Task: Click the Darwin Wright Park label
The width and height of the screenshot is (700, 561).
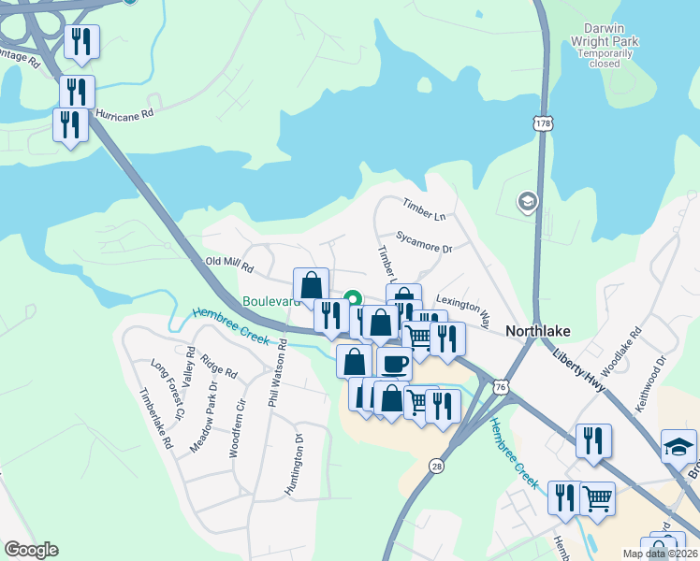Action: [605, 41]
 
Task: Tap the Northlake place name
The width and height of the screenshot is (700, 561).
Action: [537, 331]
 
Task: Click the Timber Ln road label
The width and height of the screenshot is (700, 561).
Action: [424, 209]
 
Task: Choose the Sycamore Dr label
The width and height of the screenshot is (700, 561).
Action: [424, 243]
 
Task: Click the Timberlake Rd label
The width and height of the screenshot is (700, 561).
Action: [156, 419]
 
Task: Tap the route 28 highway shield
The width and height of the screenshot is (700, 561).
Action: [436, 466]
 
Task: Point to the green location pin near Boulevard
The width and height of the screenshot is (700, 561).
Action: [353, 298]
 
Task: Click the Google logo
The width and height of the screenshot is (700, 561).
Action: [31, 550]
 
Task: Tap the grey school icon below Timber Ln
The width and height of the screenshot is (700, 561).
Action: [527, 201]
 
